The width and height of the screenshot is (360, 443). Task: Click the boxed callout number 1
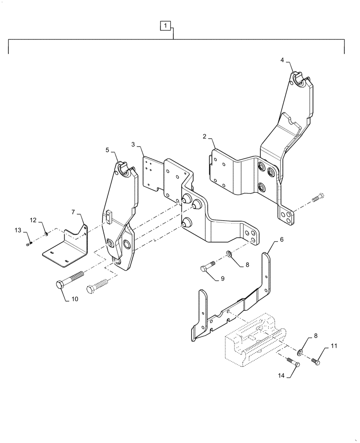click(x=164, y=26)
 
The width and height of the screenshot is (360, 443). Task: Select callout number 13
click(x=18, y=229)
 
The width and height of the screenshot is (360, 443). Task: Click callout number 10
click(x=74, y=299)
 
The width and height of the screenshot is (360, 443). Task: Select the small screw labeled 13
click(x=29, y=243)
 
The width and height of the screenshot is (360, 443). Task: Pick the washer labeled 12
click(x=47, y=234)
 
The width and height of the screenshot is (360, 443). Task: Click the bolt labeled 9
click(x=207, y=266)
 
